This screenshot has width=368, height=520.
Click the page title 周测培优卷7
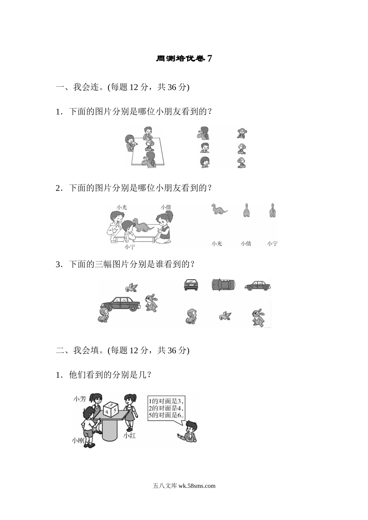pos(184,59)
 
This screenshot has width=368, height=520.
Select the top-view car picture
pos(223,285)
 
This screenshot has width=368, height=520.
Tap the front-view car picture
pos(191,285)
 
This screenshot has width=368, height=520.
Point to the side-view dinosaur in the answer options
pos(219,209)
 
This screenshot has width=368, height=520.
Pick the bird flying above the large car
pos(132,287)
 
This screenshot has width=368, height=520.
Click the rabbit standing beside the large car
pos(151,303)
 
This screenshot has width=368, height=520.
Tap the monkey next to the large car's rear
pos(103,315)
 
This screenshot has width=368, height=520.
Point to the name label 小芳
pos(79,399)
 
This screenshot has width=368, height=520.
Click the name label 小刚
pos(78,440)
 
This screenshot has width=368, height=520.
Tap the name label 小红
pos(129,436)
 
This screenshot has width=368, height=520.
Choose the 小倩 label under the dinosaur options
pos(246,243)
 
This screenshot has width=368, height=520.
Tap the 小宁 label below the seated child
pos(130,246)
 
